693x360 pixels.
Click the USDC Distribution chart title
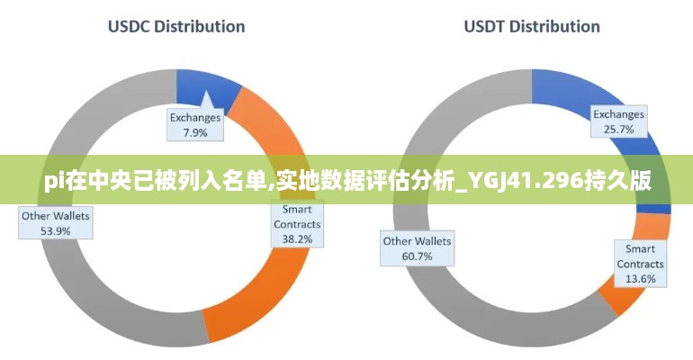176,26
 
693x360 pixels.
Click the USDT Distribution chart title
532,26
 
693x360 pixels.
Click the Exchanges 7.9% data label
195,124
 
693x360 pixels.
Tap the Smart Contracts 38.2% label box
297,224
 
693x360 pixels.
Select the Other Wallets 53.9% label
56,223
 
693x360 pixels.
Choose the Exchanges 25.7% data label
619,121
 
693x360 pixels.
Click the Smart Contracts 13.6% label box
640,264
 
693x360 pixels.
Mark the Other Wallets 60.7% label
417,248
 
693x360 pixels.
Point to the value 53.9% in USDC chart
56,231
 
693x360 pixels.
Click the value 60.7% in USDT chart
417,256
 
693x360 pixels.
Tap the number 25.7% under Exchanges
619,130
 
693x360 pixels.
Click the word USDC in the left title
129,26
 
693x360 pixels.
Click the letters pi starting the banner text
54,182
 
